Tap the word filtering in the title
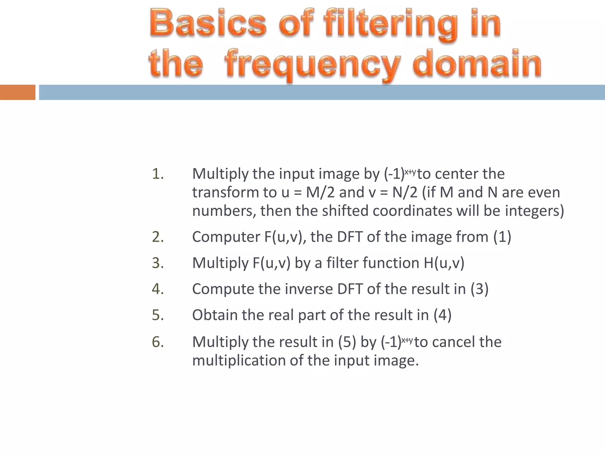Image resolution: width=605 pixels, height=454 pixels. pyautogui.click(x=391, y=24)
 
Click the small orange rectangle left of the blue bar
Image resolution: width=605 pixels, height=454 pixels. pyautogui.click(x=17, y=92)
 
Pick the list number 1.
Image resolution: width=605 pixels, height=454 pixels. pyautogui.click(x=158, y=174)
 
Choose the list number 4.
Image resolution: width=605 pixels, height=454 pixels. pyautogui.click(x=158, y=289)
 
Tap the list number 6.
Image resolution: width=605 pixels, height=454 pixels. pyautogui.click(x=158, y=342)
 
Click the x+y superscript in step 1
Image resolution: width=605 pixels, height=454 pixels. pyautogui.click(x=410, y=172)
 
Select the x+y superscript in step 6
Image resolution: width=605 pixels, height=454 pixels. pyautogui.click(x=407, y=340)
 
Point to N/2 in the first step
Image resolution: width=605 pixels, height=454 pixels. pyautogui.click(x=405, y=192)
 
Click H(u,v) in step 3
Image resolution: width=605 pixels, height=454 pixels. pyautogui.click(x=444, y=263)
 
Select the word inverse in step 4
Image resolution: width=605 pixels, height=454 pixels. pyautogui.click(x=309, y=289)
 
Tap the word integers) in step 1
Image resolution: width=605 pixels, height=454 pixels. pyautogui.click(x=534, y=211)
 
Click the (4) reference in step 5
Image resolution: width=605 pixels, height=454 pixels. pyautogui.click(x=442, y=315)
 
